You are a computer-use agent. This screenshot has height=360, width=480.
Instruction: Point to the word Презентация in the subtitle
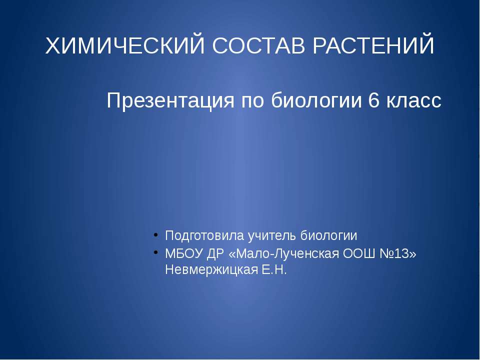pos(171,101)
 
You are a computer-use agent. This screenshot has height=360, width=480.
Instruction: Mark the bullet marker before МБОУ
pos(156,252)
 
